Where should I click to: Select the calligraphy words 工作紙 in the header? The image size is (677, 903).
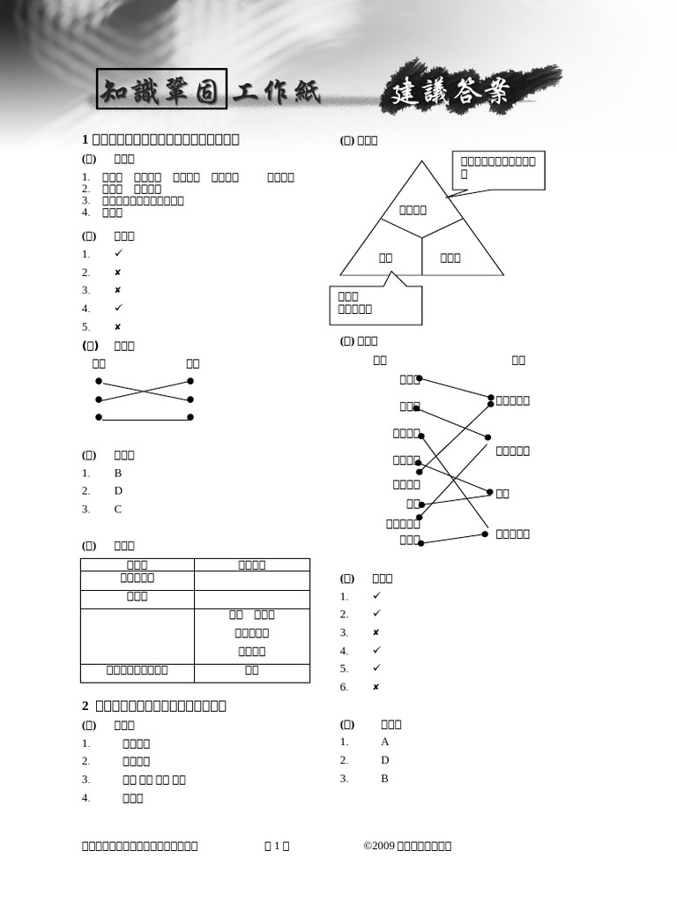(x=277, y=92)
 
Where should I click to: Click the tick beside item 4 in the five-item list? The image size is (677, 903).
(x=118, y=308)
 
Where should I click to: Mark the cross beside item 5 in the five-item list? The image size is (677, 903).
(x=118, y=326)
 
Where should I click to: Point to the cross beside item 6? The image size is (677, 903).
(x=376, y=687)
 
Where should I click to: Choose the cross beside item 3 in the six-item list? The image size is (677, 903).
(x=376, y=632)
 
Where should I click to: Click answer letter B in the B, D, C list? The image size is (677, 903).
(x=118, y=473)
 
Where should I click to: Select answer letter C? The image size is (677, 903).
(x=118, y=509)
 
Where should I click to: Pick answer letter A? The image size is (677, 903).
(x=385, y=742)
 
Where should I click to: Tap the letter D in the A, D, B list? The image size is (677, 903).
(x=385, y=760)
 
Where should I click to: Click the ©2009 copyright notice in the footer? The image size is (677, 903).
(x=407, y=846)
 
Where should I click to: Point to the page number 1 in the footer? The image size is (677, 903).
(x=277, y=846)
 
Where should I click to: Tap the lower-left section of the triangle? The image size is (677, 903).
(x=384, y=257)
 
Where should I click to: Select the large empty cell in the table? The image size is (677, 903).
(x=137, y=635)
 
